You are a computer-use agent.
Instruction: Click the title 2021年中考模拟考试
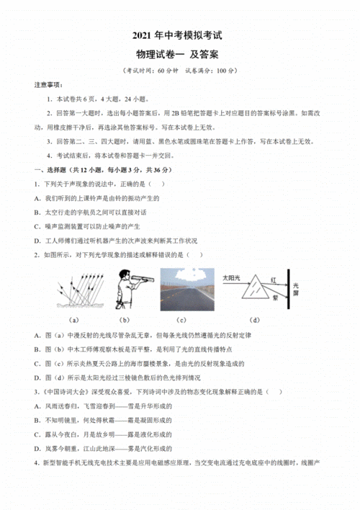180,37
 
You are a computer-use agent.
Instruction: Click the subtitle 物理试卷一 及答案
180,55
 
